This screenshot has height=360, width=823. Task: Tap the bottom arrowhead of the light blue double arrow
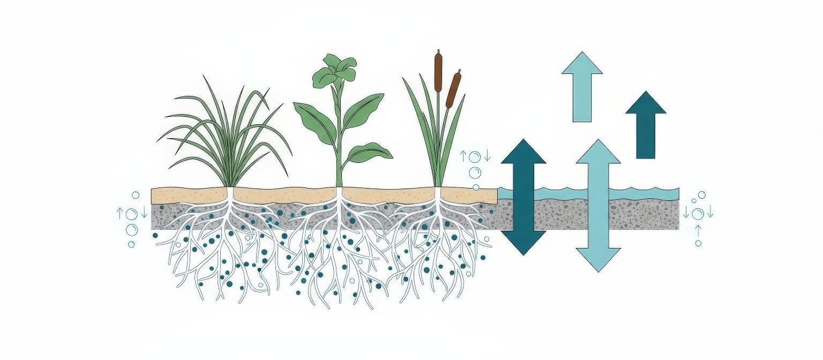pos(598,259)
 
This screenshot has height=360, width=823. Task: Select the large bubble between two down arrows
pos(698,214)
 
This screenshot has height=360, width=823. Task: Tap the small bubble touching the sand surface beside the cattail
pos(476,187)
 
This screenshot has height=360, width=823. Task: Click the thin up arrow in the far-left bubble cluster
pos(120,214)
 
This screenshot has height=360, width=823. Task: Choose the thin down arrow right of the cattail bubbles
pos(487,156)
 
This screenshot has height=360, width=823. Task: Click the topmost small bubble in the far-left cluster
pos(136,195)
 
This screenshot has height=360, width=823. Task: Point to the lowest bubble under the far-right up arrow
pos(698,243)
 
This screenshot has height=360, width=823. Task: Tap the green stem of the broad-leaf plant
pos(338,155)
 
